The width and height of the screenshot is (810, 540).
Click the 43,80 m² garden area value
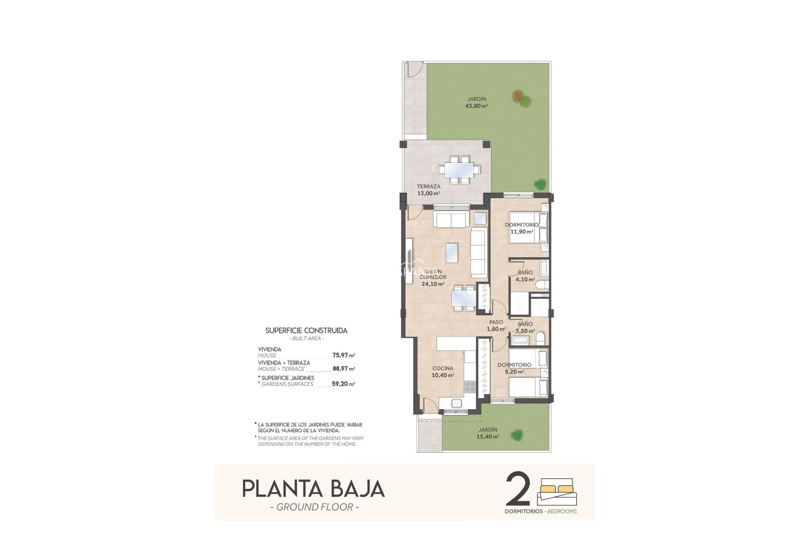[476, 106]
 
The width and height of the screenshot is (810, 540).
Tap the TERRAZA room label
[429, 186]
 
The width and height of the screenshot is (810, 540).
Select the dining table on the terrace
[459, 170]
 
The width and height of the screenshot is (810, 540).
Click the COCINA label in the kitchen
[443, 368]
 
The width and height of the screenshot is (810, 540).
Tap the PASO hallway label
[496, 322]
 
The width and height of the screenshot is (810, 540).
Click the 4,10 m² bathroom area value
[525, 279]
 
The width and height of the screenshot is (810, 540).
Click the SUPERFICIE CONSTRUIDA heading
[306, 331]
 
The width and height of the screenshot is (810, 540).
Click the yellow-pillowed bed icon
[557, 491]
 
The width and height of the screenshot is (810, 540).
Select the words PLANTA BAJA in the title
[313, 489]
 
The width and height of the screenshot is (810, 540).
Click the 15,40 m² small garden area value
[488, 437]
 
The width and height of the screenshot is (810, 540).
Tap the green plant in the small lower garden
[516, 434]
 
